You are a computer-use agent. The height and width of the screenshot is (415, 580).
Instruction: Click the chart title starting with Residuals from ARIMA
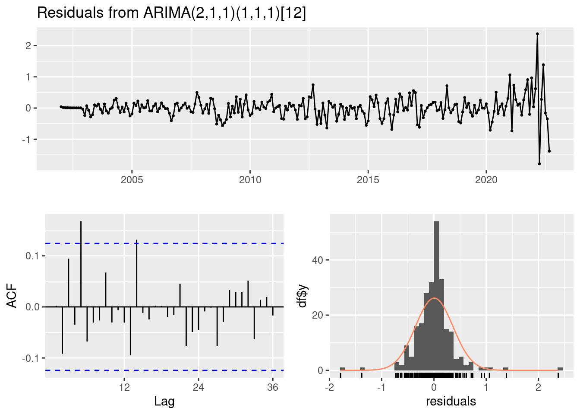pos(171,13)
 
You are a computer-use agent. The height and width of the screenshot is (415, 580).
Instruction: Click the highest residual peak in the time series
pos(537,34)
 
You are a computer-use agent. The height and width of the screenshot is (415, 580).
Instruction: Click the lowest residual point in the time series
pos(539,163)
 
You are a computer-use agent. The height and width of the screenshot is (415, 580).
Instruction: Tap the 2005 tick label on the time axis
pos(132,180)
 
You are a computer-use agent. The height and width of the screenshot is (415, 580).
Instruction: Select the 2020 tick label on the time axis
pos(486,180)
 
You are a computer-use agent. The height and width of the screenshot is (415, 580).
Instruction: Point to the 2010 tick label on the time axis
pos(250,180)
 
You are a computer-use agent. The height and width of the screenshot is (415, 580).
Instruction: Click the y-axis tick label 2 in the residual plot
pos(28,46)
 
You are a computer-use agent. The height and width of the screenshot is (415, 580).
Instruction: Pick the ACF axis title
pos(13,296)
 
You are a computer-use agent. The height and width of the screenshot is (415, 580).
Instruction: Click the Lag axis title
pos(164,402)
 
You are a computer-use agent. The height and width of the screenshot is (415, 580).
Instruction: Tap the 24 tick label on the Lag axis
pos(198,387)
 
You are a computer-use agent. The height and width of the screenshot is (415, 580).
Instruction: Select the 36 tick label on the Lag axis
pos(272,387)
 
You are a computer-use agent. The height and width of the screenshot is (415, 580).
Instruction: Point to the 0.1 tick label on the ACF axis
pos(32,256)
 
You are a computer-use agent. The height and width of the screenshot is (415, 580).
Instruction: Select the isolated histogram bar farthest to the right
pos(560,369)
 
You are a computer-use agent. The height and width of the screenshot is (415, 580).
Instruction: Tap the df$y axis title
pos(303,296)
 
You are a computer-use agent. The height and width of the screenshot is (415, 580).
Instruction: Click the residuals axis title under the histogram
pos(451,402)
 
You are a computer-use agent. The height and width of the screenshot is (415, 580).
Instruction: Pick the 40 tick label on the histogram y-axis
pos(318,260)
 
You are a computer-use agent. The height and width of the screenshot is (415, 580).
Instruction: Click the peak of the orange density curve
pos(434,298)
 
